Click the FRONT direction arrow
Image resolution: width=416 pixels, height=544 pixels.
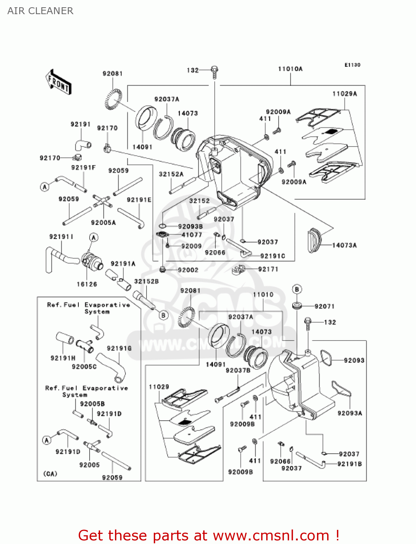click(58, 82)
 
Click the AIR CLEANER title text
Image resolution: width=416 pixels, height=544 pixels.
click(40, 11)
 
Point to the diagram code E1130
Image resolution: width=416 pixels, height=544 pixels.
click(352, 65)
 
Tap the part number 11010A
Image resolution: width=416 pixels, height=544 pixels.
click(290, 69)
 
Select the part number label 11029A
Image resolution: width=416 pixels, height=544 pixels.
click(345, 94)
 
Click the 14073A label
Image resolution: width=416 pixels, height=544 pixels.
click(344, 245)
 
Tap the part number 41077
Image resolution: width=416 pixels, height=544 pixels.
click(191, 235)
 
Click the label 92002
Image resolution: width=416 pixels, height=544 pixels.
click(188, 270)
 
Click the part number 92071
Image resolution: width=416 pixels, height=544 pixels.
click(324, 306)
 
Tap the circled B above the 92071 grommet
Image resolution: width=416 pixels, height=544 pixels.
click(297, 289)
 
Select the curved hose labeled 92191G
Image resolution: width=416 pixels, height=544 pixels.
click(112, 366)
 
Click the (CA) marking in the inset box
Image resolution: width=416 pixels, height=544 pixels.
click(50, 474)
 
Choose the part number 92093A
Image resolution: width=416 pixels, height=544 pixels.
click(350, 413)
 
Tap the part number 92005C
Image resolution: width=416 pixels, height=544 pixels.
click(84, 367)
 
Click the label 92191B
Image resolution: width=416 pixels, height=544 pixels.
click(349, 464)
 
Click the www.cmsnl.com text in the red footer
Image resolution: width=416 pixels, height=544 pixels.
click(271, 535)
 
